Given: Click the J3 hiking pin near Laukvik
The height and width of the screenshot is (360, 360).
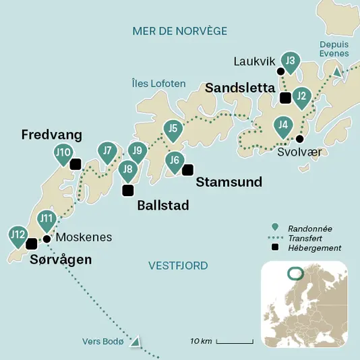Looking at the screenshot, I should [x=290, y=62].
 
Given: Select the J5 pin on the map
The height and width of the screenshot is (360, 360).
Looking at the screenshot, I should [x=173, y=128].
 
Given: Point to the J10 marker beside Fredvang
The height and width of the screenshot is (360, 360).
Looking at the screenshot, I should [x=63, y=153].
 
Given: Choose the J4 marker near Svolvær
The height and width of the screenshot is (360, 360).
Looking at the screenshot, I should [x=283, y=125].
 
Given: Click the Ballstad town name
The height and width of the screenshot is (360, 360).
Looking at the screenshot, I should [x=162, y=205].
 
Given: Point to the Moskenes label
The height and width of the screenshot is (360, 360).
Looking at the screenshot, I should [x=84, y=237].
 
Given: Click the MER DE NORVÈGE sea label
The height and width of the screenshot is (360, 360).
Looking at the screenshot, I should [x=179, y=31].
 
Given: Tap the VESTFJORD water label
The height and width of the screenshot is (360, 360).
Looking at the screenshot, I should [x=178, y=266].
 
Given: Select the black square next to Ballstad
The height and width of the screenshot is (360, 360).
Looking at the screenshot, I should [x=127, y=190].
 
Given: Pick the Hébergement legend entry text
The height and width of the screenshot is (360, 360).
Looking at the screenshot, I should [x=314, y=248].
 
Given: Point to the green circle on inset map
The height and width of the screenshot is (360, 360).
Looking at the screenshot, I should [x=295, y=273].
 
